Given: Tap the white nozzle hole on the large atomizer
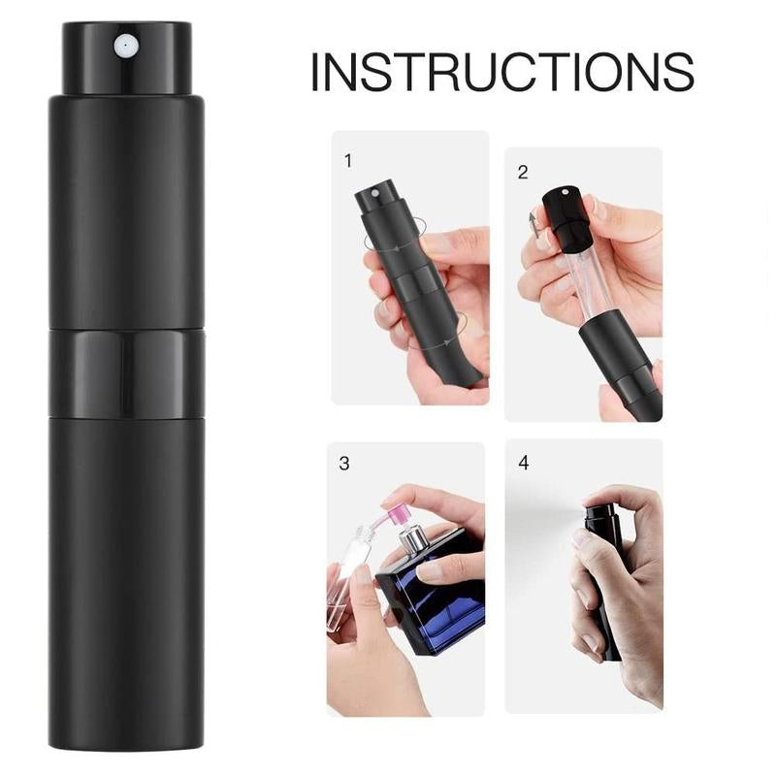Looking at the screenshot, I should tap(125, 44).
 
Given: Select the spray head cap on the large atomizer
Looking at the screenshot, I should tap(126, 58).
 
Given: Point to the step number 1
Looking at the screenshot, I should tap(347, 160).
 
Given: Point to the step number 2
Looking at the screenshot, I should tap(523, 173).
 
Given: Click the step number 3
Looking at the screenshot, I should tap(343, 464).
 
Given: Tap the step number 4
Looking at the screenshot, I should tap(524, 463).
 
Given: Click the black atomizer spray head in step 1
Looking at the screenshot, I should tap(372, 206).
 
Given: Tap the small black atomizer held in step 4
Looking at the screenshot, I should tap(603, 572).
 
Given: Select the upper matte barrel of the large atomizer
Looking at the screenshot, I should tap(126, 213).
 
